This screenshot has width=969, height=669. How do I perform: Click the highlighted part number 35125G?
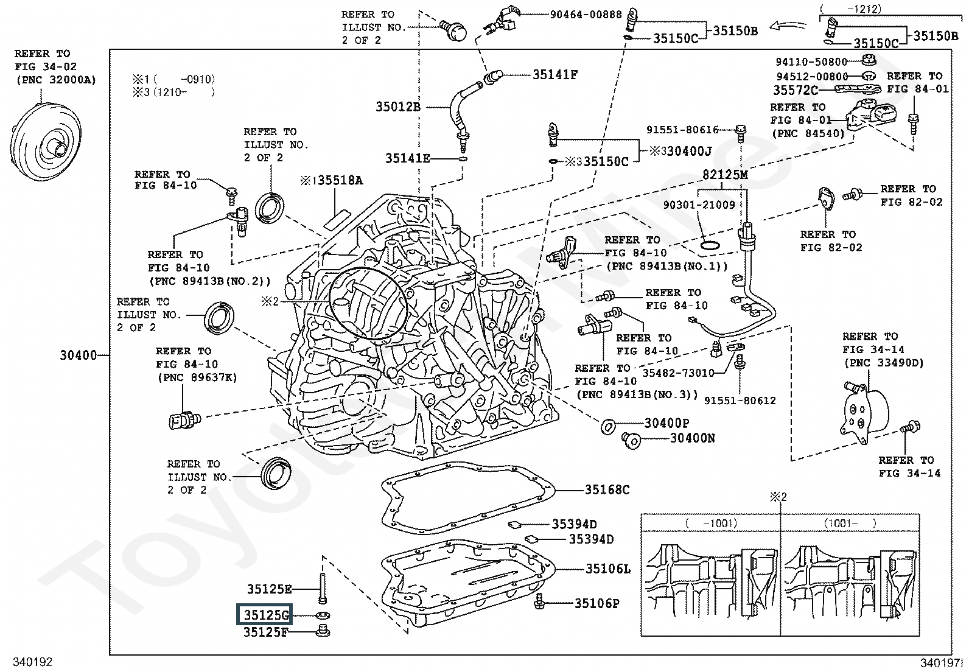264,615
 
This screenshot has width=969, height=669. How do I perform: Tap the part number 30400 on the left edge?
78,355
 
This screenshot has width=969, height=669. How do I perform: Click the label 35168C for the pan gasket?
607,489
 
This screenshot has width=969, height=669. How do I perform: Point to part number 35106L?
607,569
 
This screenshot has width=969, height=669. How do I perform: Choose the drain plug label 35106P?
596,604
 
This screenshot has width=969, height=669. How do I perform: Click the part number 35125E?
269,589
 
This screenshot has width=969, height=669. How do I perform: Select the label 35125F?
265,632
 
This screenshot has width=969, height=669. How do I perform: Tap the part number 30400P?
666,423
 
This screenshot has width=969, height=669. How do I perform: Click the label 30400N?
692,438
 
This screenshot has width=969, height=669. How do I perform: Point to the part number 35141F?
554,75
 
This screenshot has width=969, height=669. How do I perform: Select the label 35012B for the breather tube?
398,107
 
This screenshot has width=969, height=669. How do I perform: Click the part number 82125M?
724,174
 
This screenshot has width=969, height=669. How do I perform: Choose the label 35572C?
795,90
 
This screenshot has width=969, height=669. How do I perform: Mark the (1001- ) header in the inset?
850,523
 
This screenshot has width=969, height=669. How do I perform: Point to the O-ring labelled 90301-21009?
708,245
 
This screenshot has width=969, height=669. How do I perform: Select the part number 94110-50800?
811,61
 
